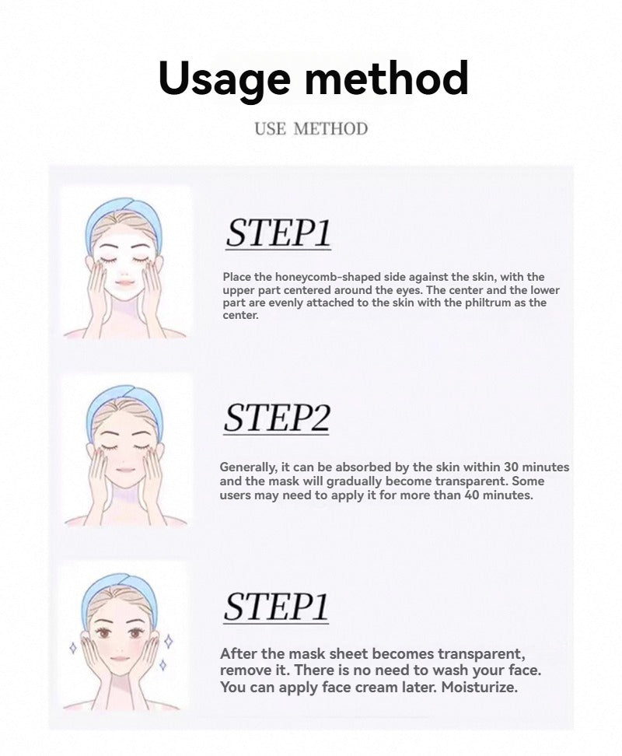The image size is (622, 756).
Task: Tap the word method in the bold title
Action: pos(386,77)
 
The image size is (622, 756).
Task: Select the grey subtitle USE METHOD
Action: pos(311,129)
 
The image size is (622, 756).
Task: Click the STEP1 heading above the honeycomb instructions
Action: pos(278,233)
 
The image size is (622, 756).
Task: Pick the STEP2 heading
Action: pos(277,418)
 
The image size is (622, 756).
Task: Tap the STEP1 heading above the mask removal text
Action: pos(276,607)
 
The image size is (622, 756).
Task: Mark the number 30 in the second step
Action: pos(511,467)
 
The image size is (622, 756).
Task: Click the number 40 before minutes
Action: pos(472,495)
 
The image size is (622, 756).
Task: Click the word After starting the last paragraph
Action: pos(238,654)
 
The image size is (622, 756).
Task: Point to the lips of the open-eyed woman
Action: pos(120,659)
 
